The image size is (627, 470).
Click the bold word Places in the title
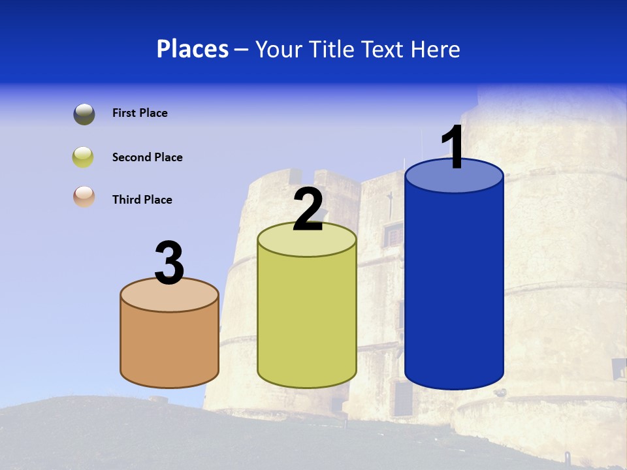point(192,49)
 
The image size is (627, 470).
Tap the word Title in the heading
point(332,49)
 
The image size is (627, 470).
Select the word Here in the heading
point(436,49)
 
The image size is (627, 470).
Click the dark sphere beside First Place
point(84,114)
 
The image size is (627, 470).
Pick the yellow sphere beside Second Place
point(84,157)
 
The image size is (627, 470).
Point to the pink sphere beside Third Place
point(84,197)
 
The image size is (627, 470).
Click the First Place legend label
point(140,113)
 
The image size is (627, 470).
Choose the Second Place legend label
point(147,157)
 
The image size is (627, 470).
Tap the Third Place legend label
point(142,200)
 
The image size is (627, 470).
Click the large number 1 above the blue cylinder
point(453,148)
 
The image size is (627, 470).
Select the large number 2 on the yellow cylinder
point(308,210)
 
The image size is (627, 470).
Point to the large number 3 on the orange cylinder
point(170,263)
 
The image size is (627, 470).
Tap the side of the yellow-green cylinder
point(307,320)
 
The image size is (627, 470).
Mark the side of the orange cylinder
point(170,346)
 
